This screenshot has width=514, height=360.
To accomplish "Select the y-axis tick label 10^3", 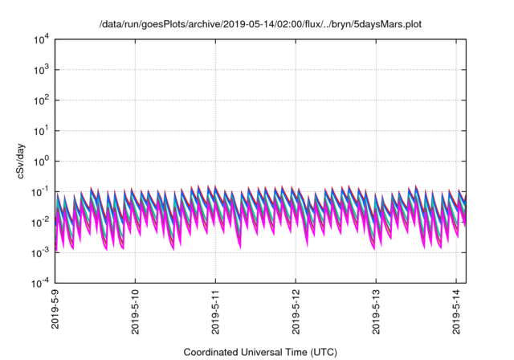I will click(41, 70).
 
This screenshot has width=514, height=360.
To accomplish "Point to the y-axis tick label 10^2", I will click(41, 100).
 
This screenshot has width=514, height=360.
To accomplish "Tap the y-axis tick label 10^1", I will click(41, 130).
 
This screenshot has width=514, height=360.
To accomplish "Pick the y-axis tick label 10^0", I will click(41, 161).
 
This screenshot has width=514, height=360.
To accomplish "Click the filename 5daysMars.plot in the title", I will click(383, 25).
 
